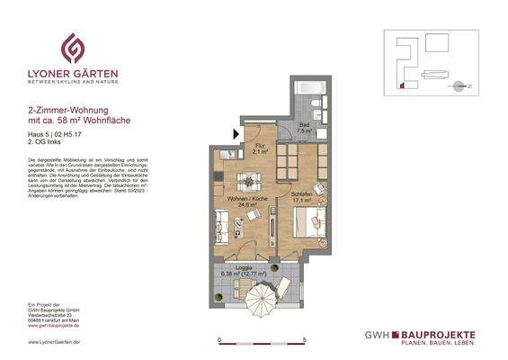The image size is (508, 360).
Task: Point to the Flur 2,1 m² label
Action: [259, 150]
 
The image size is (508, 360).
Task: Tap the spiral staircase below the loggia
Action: [262, 306]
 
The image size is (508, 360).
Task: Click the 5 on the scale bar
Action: [306, 340]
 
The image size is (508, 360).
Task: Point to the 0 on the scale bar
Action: [220, 340]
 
